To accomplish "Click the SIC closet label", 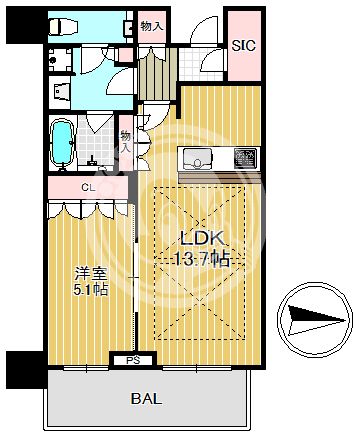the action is (x=244, y=45).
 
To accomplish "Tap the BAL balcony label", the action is (x=146, y=399).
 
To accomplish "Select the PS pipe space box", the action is (x=134, y=360).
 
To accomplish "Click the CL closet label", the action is (x=88, y=188).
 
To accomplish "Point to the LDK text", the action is (x=201, y=239).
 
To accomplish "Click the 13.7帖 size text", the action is (x=202, y=259).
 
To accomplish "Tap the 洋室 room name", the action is (x=91, y=274).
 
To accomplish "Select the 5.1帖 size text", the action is (x=91, y=290).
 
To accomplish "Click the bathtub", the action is (x=62, y=143).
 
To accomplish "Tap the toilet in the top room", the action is (x=63, y=27).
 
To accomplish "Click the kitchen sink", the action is (x=198, y=158).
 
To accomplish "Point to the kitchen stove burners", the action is (x=245, y=158).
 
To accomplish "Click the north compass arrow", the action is (x=316, y=321).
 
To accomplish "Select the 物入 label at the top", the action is (x=152, y=27).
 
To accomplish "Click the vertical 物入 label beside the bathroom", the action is (x=125, y=142).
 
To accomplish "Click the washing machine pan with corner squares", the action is (x=60, y=60).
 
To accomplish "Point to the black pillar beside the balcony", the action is (x=25, y=369).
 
